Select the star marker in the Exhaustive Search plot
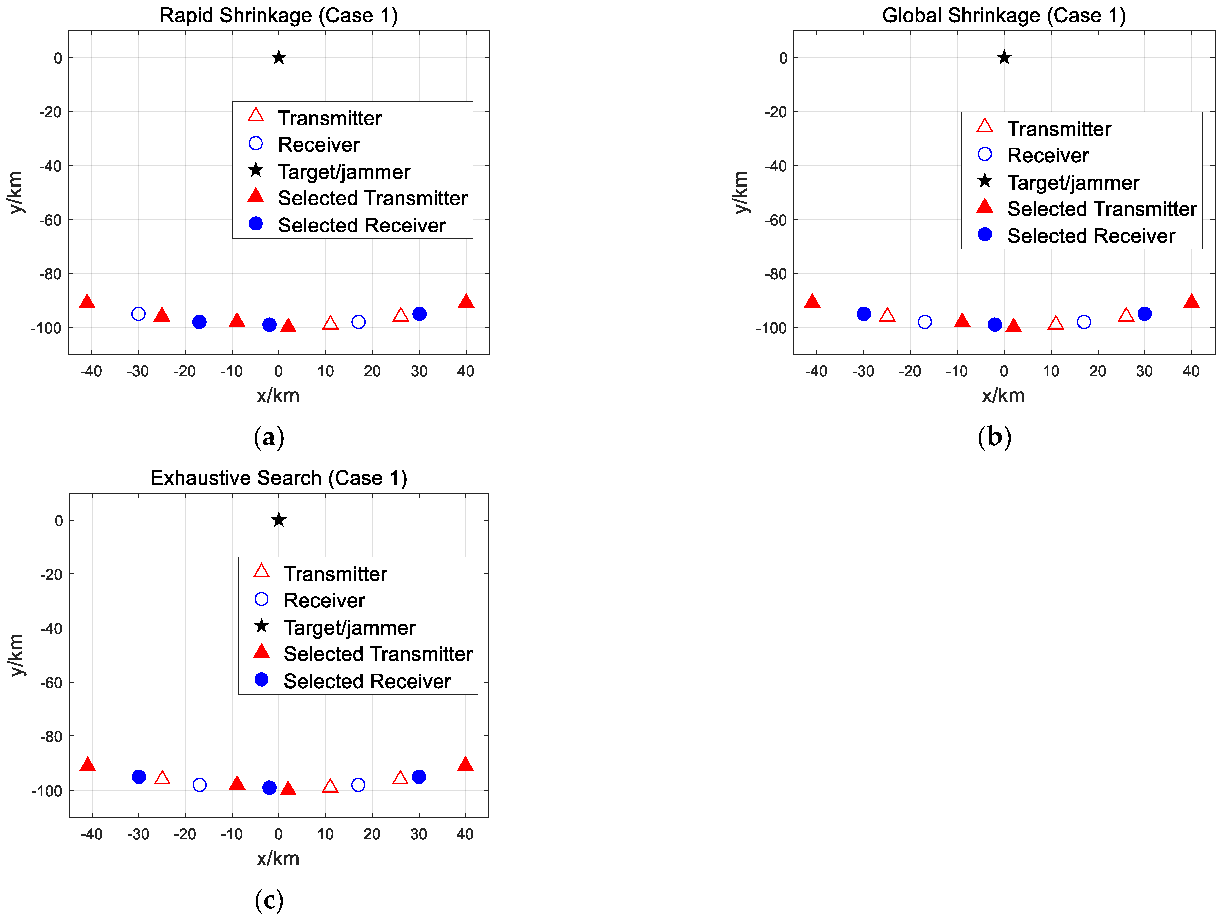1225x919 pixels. [278, 520]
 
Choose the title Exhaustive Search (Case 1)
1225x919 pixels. [278, 478]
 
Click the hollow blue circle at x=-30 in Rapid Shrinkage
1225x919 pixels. [138, 314]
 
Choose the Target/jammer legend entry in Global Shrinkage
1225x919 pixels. [1073, 183]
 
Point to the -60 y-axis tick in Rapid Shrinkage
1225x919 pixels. [50, 220]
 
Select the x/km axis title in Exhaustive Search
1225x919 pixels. [278, 859]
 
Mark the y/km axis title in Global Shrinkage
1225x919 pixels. [741, 192]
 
